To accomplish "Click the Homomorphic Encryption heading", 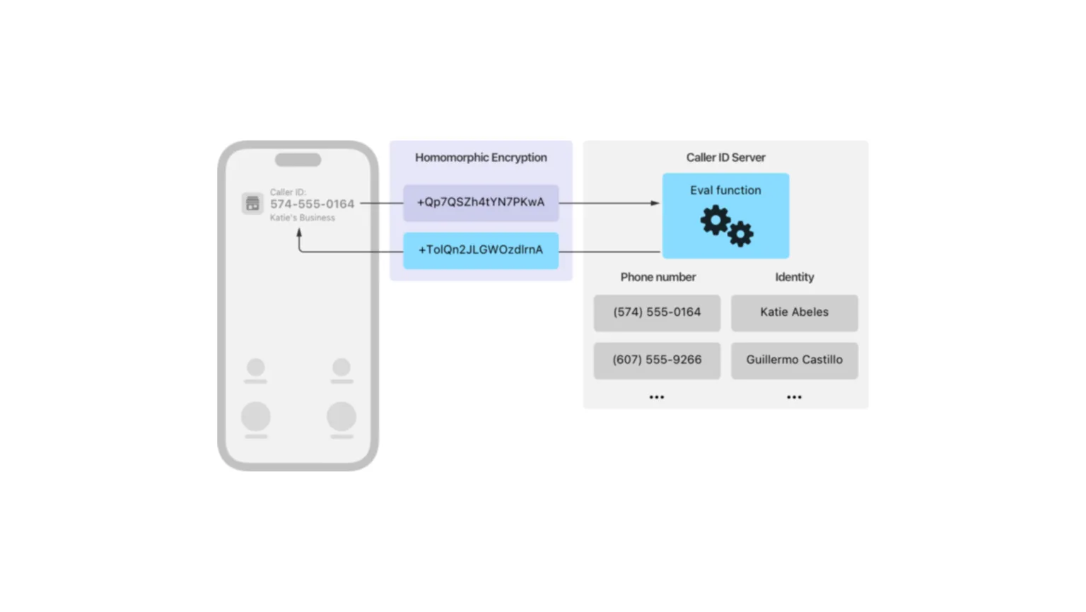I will pos(481,158).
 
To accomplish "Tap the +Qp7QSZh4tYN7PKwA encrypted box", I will pos(481,203).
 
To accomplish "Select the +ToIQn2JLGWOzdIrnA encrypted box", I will pos(481,250).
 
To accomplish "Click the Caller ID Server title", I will pos(725,158).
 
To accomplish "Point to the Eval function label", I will pos(725,190).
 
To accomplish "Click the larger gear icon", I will pos(716,220).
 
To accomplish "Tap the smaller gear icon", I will pos(740,234).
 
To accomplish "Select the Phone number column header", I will pos(658,277).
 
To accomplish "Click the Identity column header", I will pos(794,277).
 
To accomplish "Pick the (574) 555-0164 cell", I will pos(657,312).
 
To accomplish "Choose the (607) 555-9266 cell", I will pos(657,360).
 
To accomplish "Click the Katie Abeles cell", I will pos(794,312).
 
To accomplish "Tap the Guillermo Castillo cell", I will pos(794,360).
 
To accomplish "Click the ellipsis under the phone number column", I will pos(657,397).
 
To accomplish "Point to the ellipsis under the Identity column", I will pos(794,397).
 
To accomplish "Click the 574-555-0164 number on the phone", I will pos(312,204).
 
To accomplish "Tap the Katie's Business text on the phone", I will pos(303,218).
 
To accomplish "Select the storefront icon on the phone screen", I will pos(252,204).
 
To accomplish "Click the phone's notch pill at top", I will pos(298,160).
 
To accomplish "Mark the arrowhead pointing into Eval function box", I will pos(655,203).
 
